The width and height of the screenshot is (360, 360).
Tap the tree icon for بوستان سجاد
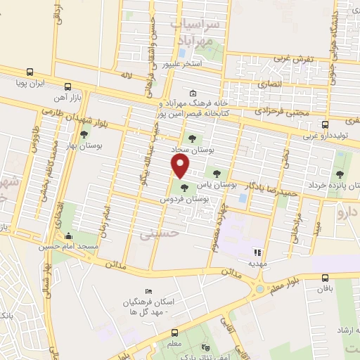pos(192,138)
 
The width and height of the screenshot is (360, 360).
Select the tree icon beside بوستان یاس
pos(214,172)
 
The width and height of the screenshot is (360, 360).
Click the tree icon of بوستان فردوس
pos(184,188)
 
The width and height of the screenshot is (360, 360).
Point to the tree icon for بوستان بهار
pos(84,134)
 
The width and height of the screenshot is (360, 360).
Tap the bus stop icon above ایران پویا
pos(29,71)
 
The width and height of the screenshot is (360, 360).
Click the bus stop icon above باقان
pos(325,278)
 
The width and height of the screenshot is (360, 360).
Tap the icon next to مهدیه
pos(257,252)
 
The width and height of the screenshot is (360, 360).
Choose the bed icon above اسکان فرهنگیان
pos(148,291)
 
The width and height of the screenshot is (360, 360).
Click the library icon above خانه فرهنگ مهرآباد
pos(193,94)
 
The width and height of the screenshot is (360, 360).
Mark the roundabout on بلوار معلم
pos(261,288)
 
